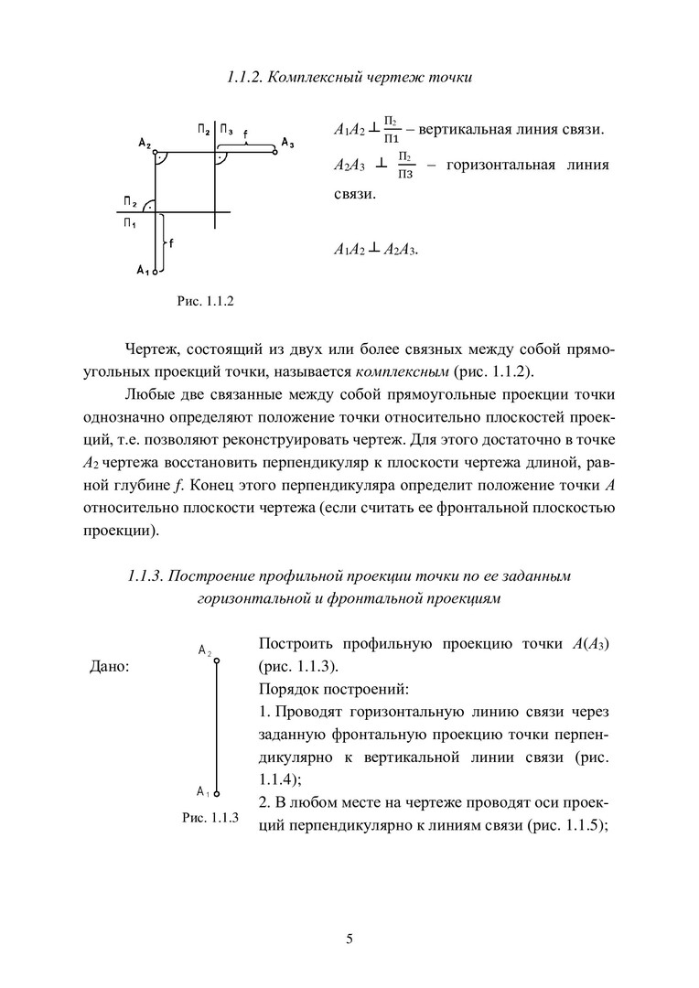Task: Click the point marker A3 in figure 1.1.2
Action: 274,152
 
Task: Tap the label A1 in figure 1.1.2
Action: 142,269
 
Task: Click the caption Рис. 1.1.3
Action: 210,818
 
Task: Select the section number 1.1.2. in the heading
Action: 246,78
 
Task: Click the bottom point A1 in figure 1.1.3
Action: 217,795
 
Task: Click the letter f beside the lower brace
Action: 172,242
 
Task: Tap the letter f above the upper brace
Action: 247,132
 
